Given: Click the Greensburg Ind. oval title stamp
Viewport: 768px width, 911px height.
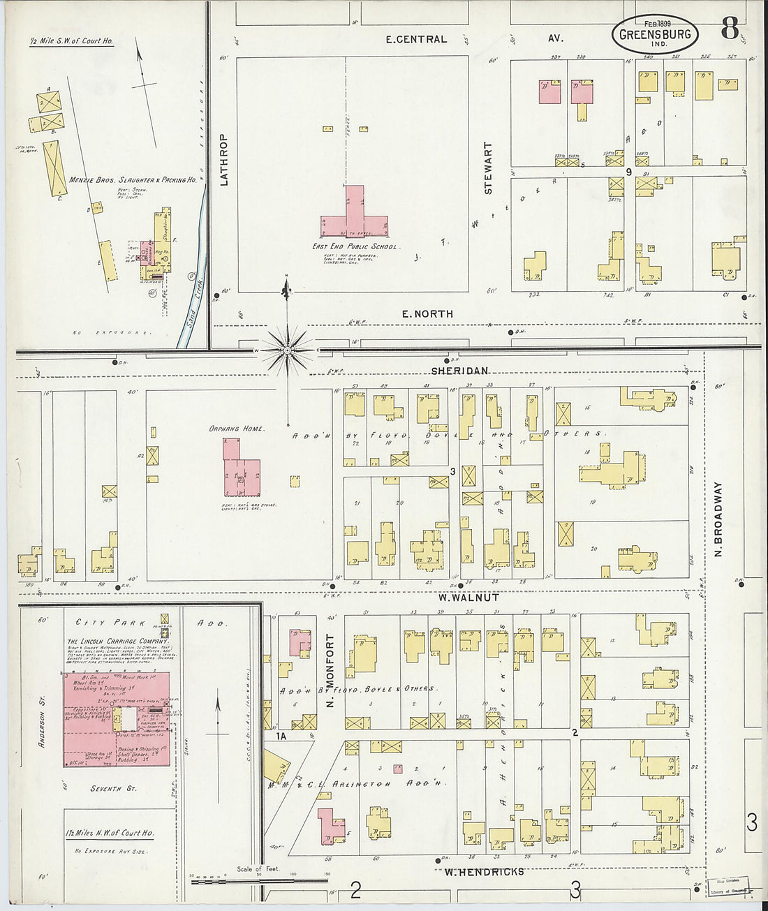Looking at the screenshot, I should (x=654, y=33).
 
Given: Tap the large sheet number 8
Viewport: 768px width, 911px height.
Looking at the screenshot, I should (x=730, y=29).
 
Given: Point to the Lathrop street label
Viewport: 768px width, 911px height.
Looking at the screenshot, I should (x=224, y=160).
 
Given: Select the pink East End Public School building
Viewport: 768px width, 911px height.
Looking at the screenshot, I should (x=355, y=216).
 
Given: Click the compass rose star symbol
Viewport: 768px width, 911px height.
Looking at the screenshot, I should (x=288, y=349).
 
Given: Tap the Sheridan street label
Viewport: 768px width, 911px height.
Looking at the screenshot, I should (x=459, y=371).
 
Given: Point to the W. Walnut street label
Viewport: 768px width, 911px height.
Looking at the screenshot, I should (x=468, y=598).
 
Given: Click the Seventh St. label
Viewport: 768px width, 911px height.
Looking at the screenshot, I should (x=114, y=788).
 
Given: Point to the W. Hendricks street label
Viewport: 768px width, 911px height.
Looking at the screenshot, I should (x=484, y=871).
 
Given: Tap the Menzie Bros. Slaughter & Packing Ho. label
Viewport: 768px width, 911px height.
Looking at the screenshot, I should (x=133, y=180).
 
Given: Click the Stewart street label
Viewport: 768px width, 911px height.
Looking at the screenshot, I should (x=489, y=168).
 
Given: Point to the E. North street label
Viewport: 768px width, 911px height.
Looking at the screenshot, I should (x=427, y=314).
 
